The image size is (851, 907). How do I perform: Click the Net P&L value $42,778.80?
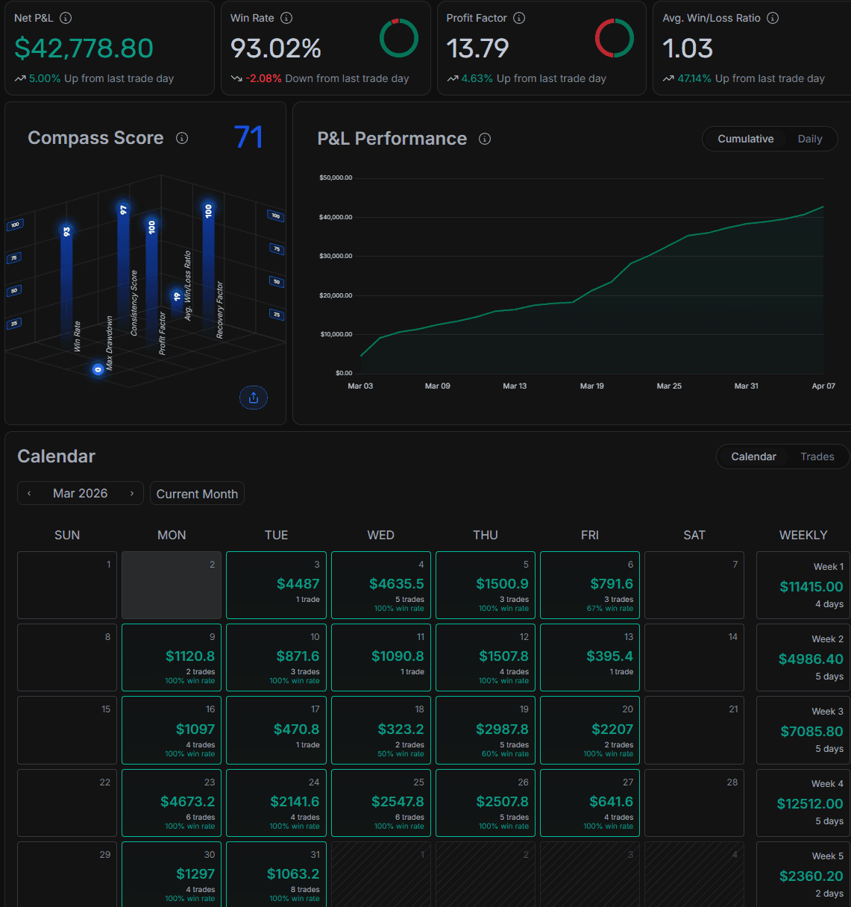tap(84, 48)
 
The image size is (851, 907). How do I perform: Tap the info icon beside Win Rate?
tap(286, 18)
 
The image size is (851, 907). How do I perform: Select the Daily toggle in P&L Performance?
tap(809, 139)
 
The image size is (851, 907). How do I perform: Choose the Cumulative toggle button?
tap(745, 139)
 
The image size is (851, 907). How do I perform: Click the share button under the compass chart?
tap(254, 398)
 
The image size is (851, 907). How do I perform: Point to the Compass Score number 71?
tap(248, 137)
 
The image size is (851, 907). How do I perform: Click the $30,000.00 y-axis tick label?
tap(336, 256)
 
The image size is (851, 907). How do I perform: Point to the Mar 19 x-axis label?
tap(592, 386)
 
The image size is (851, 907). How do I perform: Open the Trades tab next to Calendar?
tap(817, 456)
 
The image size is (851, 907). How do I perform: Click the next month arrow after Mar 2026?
tap(132, 493)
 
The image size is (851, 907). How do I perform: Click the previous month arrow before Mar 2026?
tap(29, 493)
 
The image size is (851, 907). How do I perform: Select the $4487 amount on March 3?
tap(298, 584)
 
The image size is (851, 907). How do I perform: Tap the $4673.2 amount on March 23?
tap(187, 802)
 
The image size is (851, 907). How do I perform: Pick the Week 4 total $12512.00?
tap(810, 803)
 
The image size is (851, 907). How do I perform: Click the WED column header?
tap(380, 535)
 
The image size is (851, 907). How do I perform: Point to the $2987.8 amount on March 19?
tap(502, 729)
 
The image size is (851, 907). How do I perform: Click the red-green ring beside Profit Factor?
tap(614, 38)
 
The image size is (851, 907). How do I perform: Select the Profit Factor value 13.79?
tap(477, 48)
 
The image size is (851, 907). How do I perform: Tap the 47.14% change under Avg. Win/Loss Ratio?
tap(694, 78)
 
